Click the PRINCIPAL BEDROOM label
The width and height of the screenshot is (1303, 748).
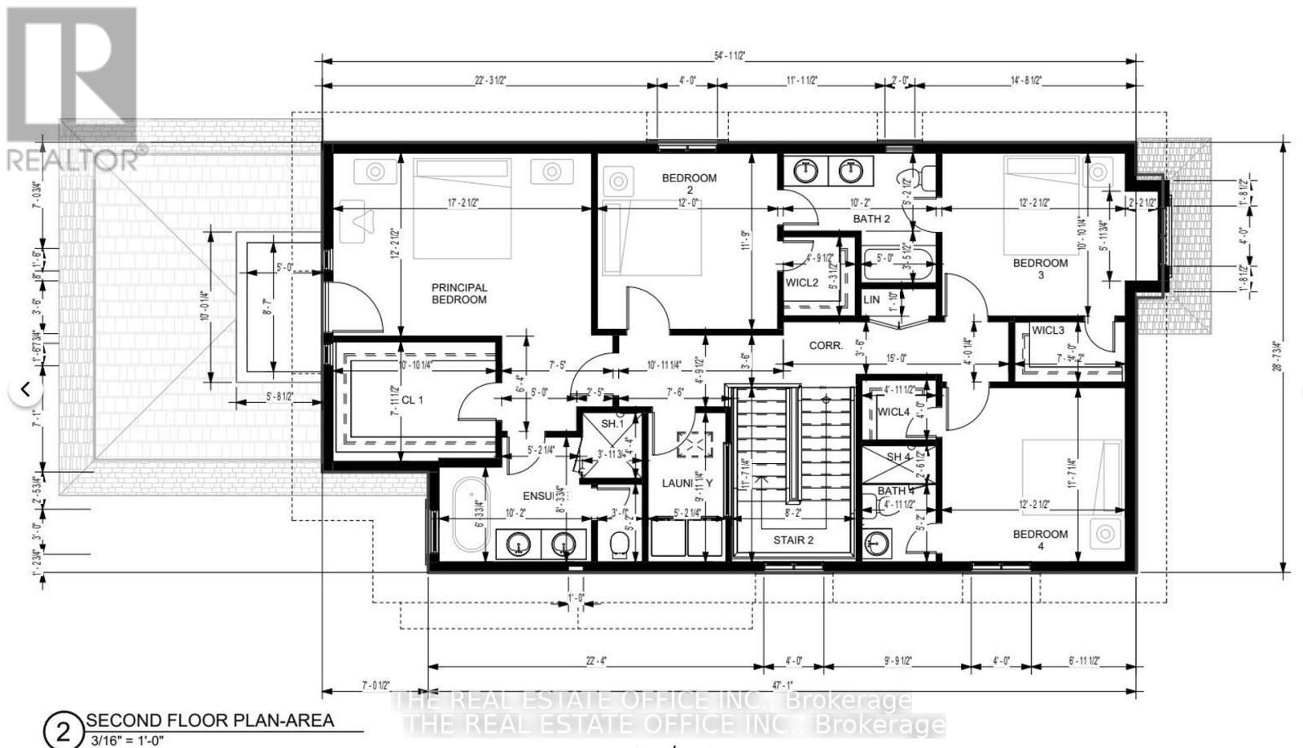(459, 294)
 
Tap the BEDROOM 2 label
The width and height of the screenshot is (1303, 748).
(689, 184)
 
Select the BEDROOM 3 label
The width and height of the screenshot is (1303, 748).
(1040, 269)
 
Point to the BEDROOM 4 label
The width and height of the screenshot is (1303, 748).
(1040, 540)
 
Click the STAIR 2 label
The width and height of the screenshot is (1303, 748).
(793, 540)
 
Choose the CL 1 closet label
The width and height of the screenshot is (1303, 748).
(412, 400)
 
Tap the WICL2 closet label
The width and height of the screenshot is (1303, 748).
(801, 282)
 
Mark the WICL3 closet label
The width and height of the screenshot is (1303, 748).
(1047, 330)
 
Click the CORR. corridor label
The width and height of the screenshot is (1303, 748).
(825, 345)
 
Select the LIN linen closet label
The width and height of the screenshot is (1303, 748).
(871, 300)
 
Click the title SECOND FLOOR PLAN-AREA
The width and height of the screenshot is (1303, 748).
(210, 720)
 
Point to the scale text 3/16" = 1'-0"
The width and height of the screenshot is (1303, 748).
(125, 741)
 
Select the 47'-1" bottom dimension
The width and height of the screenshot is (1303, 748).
(783, 686)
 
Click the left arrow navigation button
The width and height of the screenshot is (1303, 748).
(25, 390)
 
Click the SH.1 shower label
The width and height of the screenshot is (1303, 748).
(612, 424)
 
